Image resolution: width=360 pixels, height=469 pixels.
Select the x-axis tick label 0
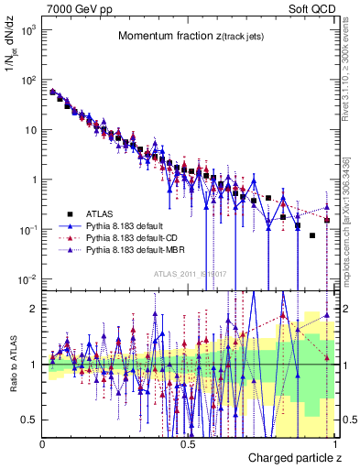(x=43, y=443)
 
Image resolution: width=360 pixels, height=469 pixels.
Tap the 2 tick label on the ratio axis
(x=34, y=309)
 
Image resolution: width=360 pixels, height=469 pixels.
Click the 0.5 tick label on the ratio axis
(x=30, y=420)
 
